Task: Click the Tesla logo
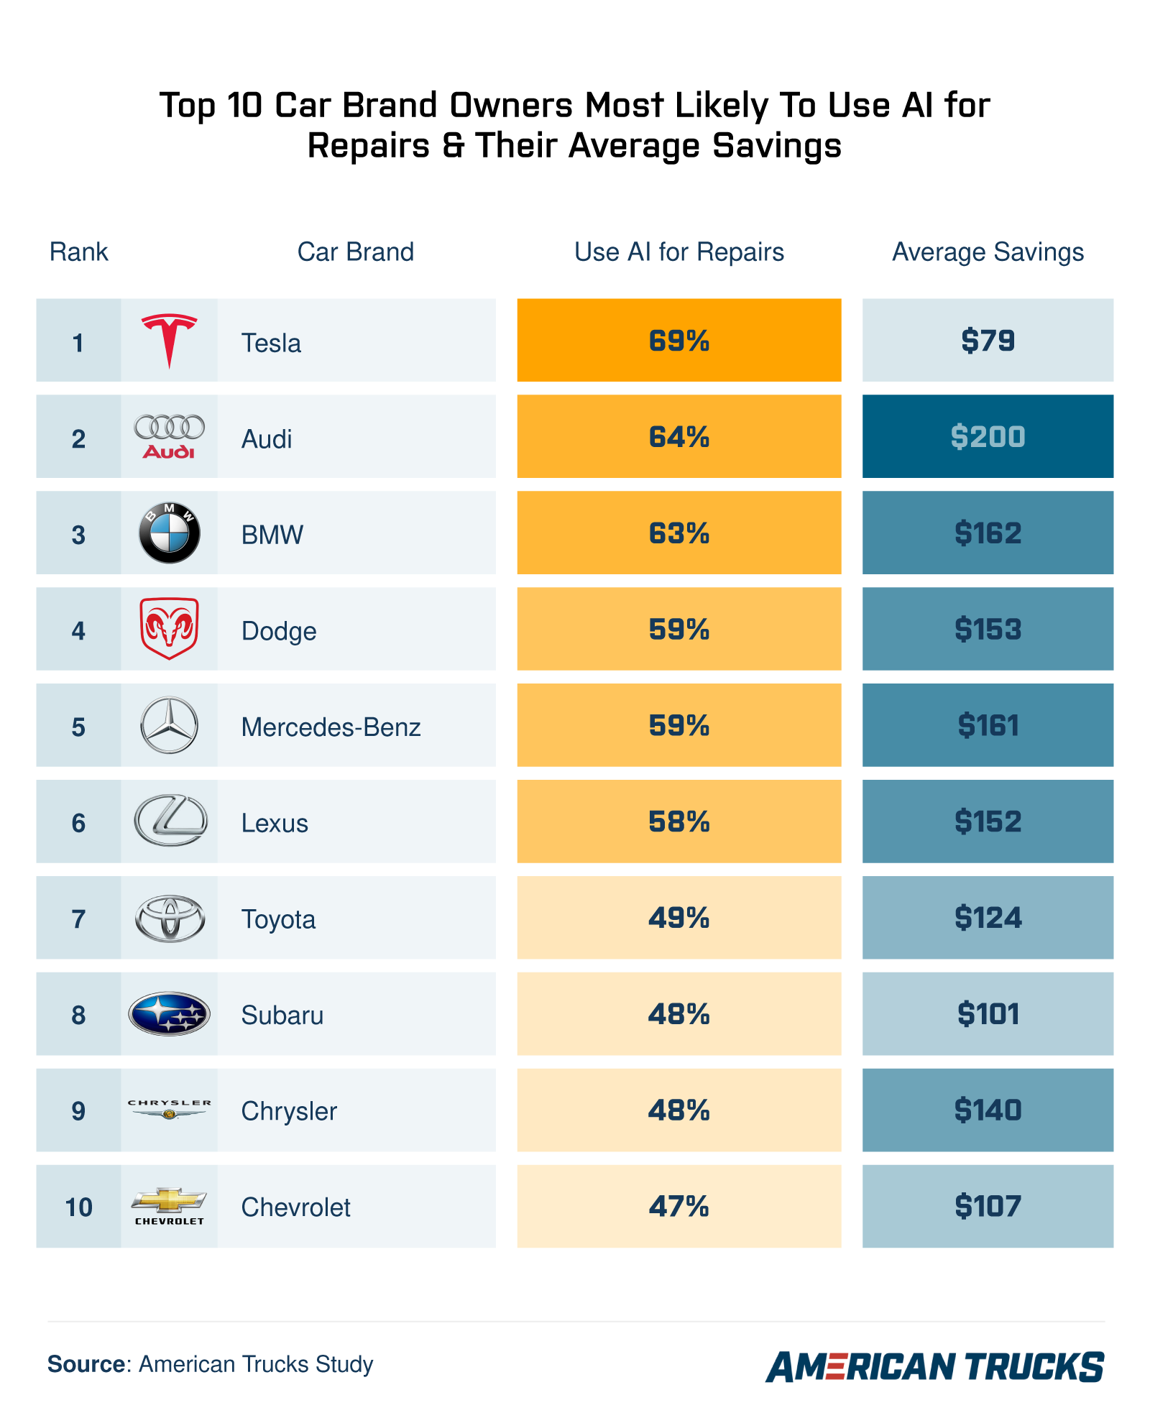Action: (169, 340)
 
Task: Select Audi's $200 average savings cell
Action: (988, 436)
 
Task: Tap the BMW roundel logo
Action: (169, 533)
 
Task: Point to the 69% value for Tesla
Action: (678, 340)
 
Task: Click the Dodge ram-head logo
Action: (169, 628)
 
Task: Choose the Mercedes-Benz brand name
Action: (331, 727)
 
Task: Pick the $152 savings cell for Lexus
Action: (988, 821)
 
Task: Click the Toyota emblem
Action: (170, 918)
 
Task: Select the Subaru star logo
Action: (169, 1013)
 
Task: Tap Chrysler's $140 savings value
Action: (988, 1110)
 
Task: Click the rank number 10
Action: (78, 1207)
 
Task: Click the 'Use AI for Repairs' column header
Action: (678, 252)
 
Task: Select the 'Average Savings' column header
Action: (988, 252)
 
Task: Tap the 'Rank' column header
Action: (78, 252)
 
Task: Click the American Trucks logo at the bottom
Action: (934, 1366)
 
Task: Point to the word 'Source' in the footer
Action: (86, 1364)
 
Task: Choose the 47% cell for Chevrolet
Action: (678, 1206)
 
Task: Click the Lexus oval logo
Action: (170, 821)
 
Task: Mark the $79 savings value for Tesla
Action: (988, 340)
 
